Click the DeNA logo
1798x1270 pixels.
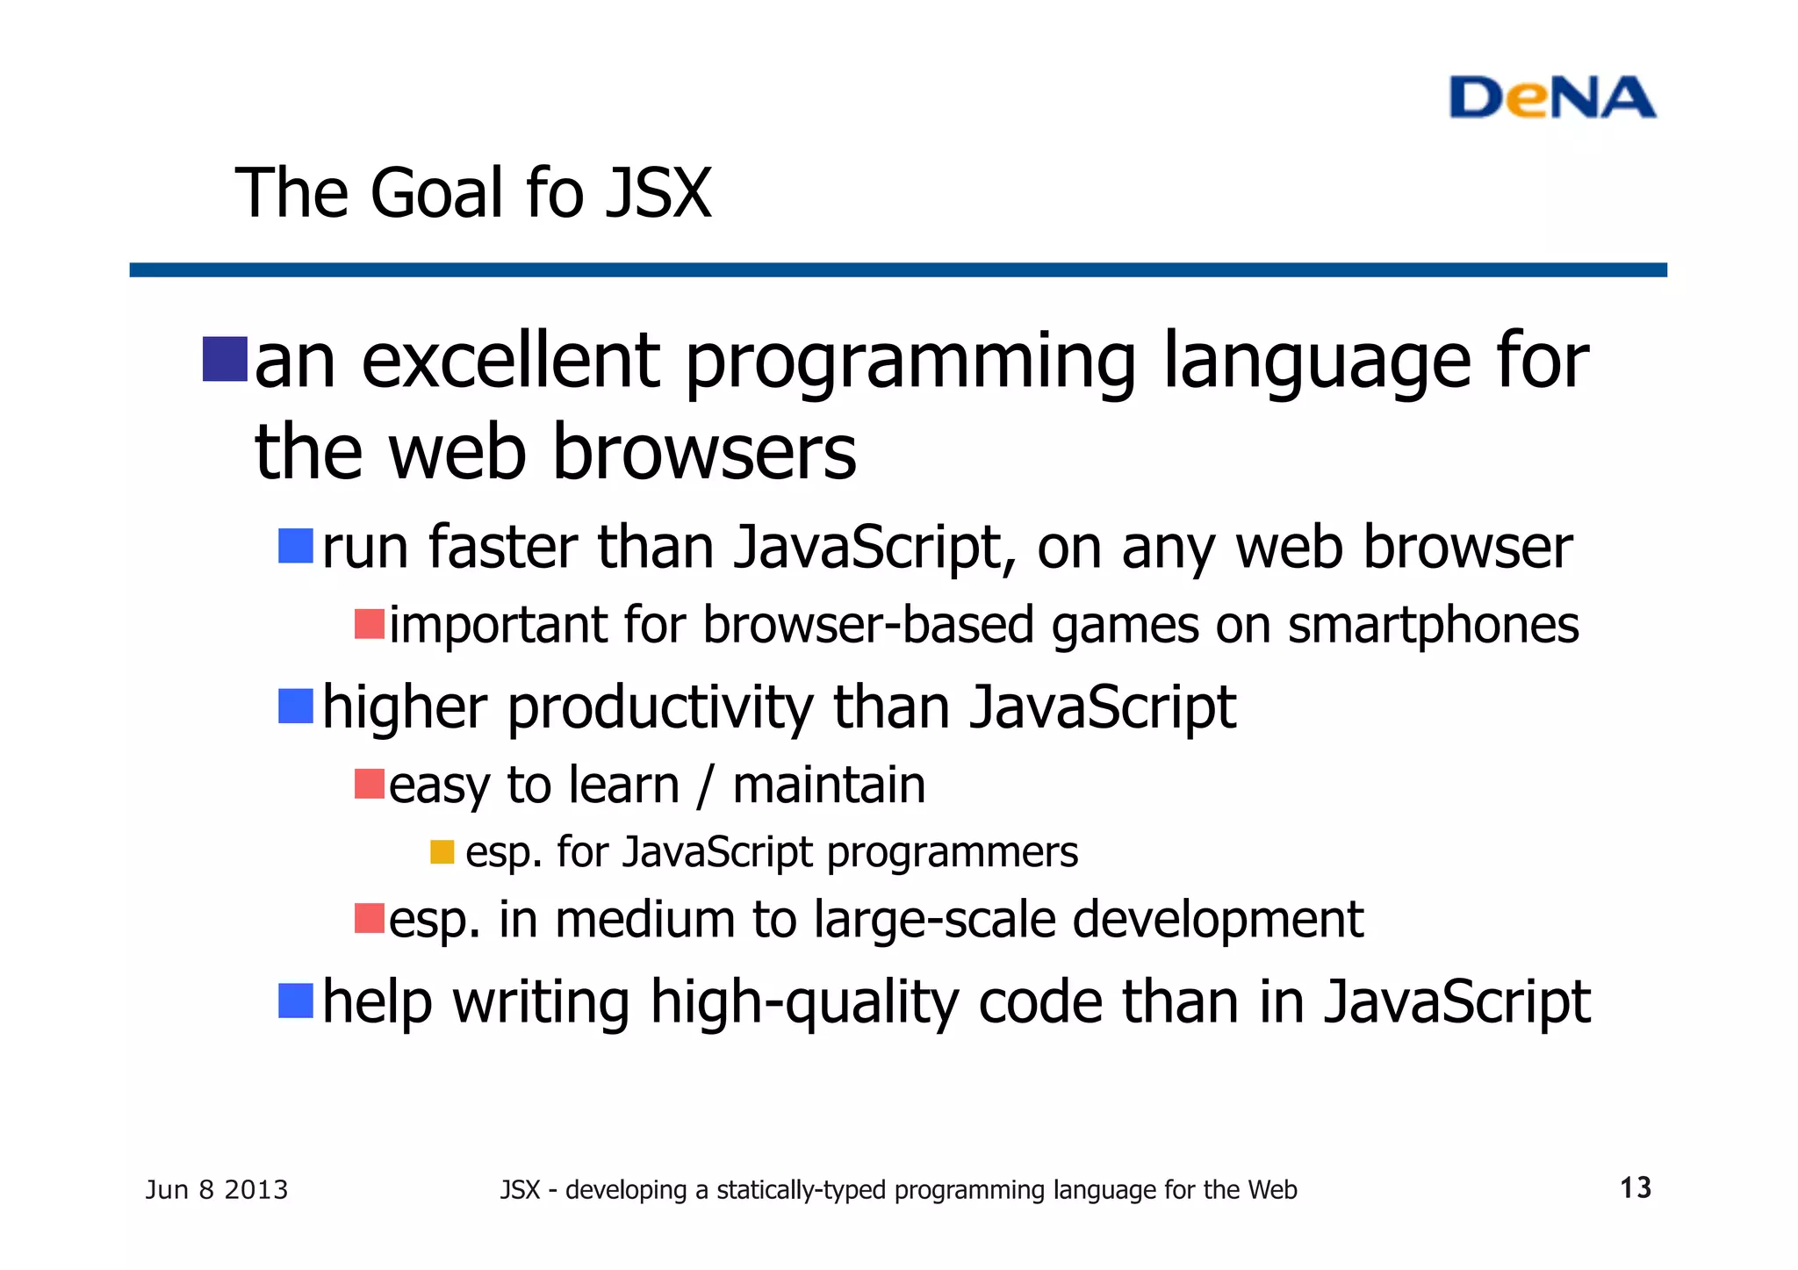pos(1551,97)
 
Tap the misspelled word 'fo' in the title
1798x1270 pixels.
pos(554,193)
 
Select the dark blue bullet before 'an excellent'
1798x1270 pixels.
pos(225,360)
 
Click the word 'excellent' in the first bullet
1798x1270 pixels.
pos(510,362)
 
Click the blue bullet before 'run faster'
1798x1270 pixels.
pos(296,546)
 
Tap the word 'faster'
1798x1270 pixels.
pos(503,548)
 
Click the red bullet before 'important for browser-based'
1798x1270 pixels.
pos(370,625)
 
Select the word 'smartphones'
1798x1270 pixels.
pos(1433,627)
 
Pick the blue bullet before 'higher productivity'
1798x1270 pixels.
pos(296,707)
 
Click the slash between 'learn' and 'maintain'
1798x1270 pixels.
pos(705,786)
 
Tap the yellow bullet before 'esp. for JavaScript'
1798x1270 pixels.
pos(442,852)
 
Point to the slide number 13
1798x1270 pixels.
pos(1635,1188)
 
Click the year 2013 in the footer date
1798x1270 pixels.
pos(255,1190)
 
